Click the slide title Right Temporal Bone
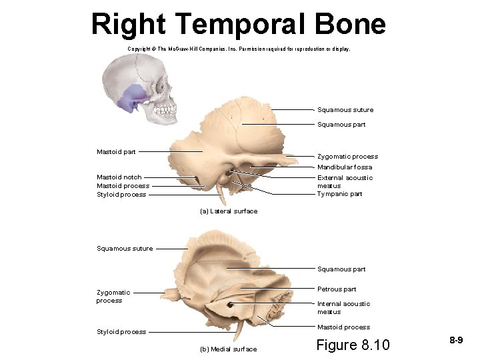238,24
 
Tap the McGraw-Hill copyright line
238,49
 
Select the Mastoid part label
116,152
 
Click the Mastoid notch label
119,177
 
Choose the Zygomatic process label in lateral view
347,157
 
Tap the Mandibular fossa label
345,167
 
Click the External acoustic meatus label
345,181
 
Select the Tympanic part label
339,194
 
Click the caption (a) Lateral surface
229,211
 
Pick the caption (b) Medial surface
228,349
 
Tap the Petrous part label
337,289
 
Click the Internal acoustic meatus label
343,307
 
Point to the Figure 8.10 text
352,345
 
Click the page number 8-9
456,341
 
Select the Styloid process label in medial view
121,332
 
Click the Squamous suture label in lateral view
345,110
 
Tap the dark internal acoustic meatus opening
231,305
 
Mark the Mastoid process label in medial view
343,327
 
